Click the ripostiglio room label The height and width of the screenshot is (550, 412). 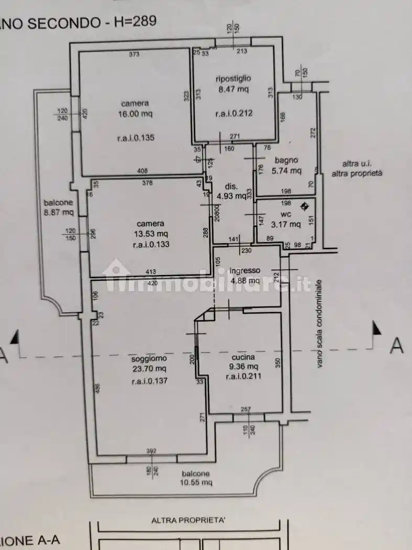coord(233,79)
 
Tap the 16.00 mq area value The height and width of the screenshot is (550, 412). coord(135,114)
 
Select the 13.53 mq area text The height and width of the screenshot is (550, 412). coord(151,234)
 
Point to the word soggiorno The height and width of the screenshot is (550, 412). coord(149,358)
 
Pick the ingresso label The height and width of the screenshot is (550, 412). coord(244,270)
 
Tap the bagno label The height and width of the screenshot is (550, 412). coord(288,160)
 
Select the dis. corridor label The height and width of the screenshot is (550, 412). coord(231,186)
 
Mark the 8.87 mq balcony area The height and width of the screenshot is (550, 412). coord(59,213)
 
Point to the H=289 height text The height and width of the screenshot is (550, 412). coord(133,21)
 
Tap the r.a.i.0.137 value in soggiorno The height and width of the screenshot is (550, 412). coord(149,381)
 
